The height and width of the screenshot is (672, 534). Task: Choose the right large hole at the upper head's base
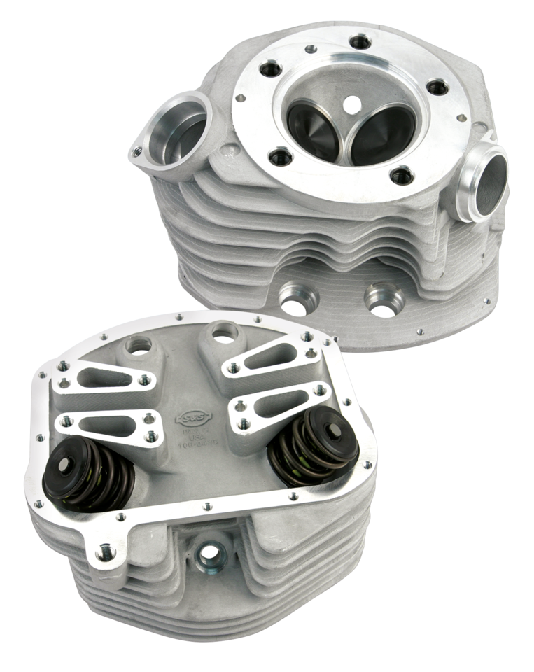point(382,302)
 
